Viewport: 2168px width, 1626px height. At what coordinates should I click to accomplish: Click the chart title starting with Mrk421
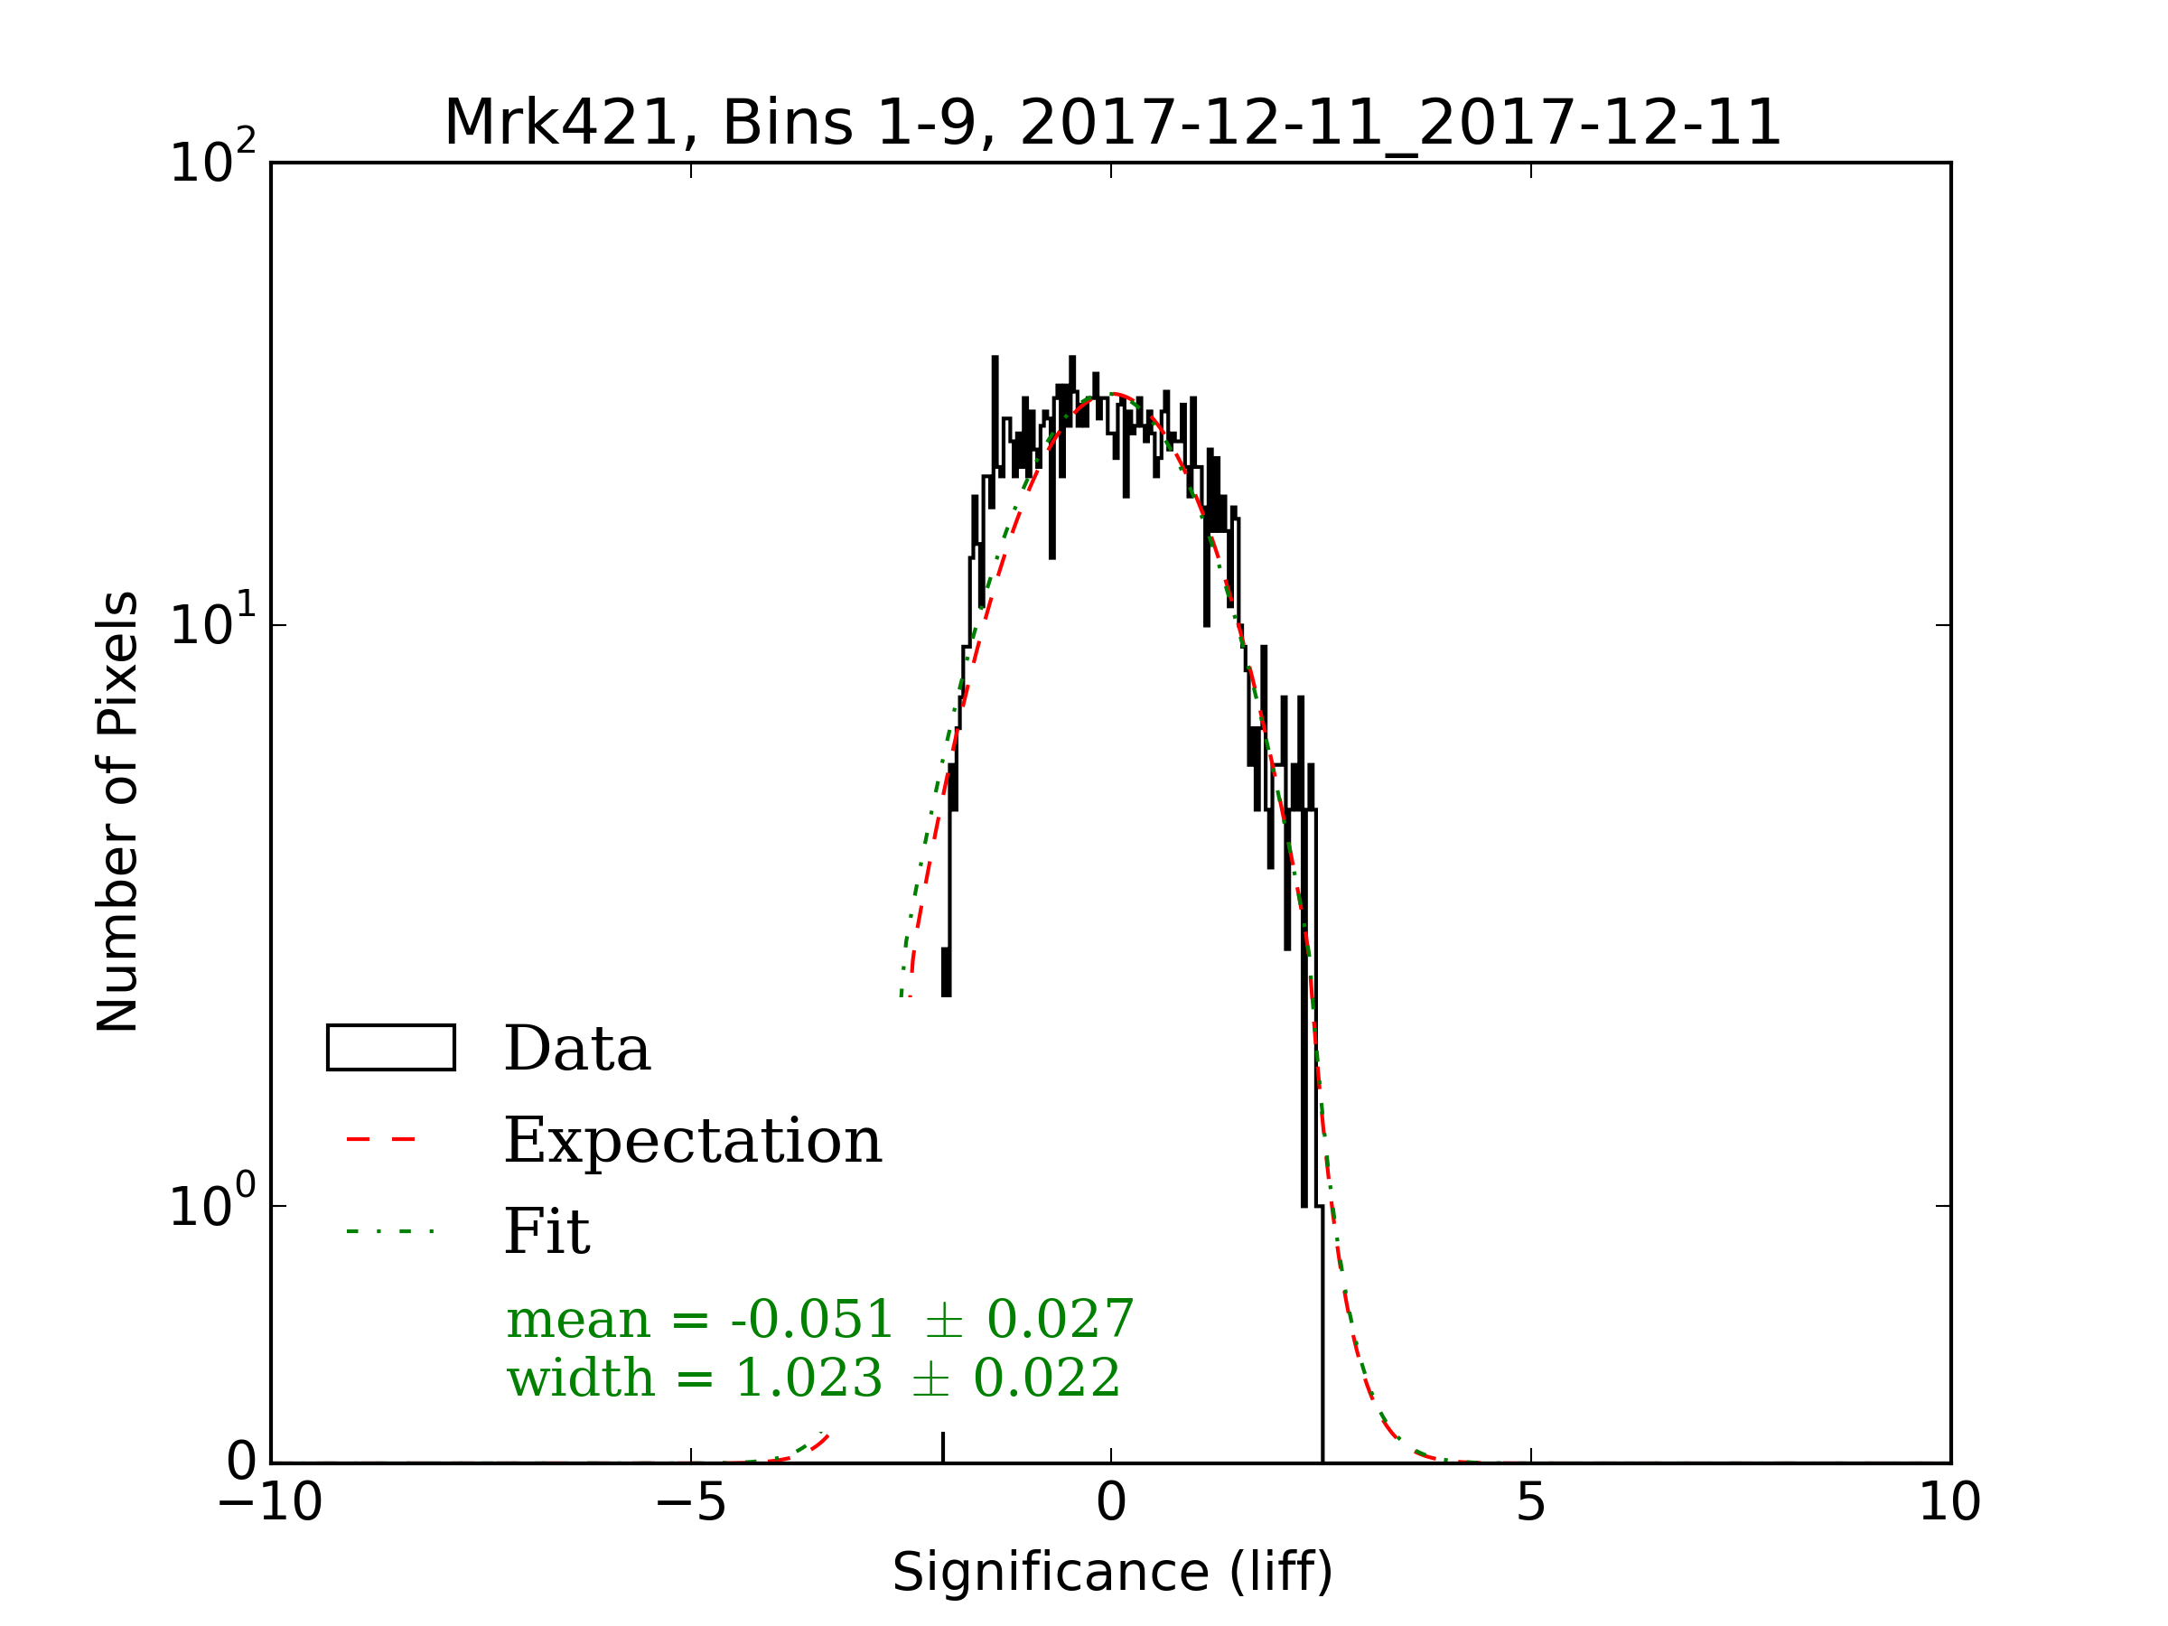click(1111, 124)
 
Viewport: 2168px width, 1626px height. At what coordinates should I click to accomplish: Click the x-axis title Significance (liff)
click(1111, 1572)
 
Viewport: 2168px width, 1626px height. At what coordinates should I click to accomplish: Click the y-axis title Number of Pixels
click(117, 811)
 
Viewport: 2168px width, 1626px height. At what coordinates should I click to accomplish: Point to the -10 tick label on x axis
click(269, 1501)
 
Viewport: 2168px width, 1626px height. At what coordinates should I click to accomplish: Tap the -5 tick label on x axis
click(690, 1501)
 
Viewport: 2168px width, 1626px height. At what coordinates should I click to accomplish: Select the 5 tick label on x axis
click(1531, 1501)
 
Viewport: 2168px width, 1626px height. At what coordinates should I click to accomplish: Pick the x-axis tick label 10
click(1949, 1501)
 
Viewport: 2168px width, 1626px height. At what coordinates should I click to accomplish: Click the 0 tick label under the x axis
click(1111, 1501)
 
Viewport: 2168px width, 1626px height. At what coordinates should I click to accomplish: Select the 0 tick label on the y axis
click(241, 1462)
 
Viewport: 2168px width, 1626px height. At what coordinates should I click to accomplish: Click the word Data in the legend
click(577, 1049)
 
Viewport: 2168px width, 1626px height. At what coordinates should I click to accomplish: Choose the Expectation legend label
click(693, 1141)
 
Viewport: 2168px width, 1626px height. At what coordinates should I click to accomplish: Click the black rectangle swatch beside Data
click(391, 1048)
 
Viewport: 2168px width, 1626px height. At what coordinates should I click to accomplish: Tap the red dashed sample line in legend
click(382, 1140)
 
